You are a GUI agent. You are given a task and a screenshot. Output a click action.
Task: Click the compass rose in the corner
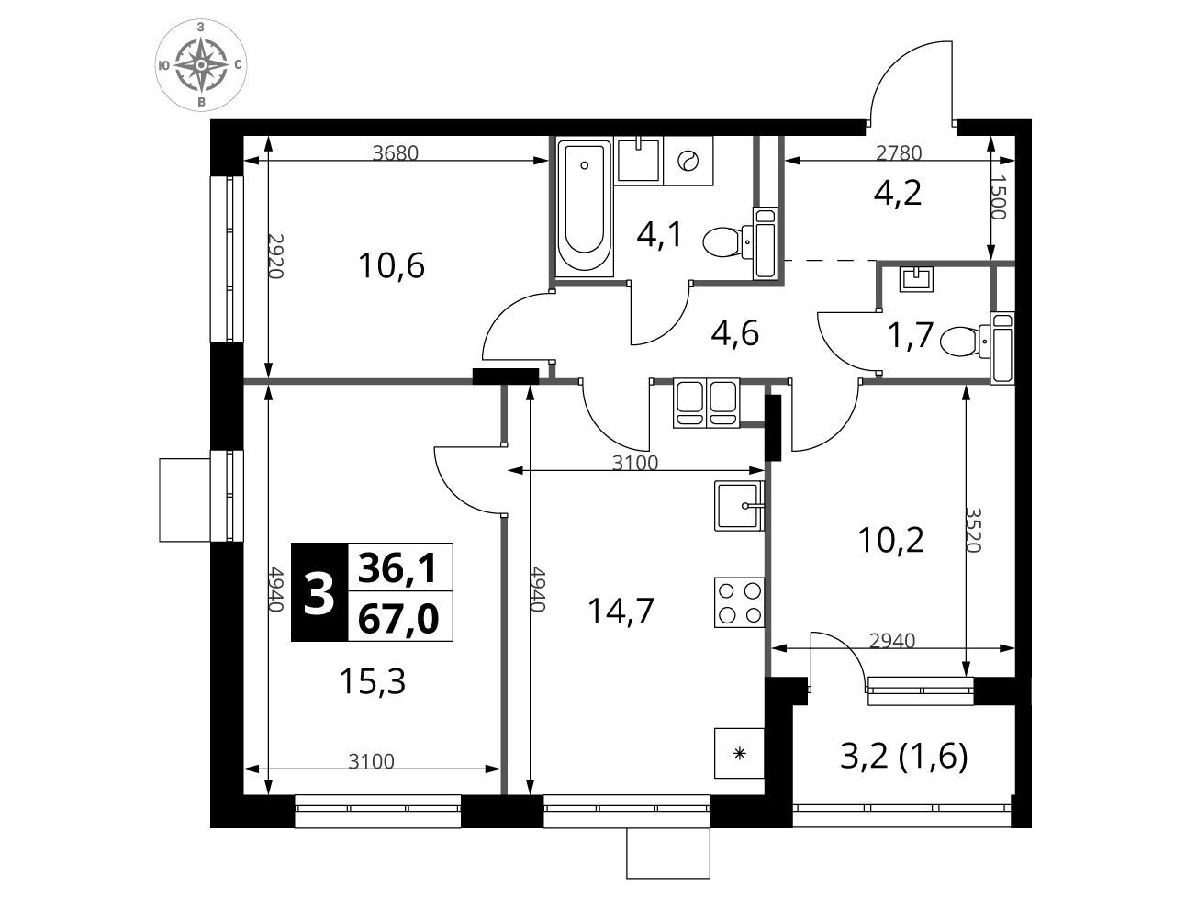pos(201,65)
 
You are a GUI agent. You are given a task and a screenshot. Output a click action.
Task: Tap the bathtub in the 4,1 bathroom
pos(584,207)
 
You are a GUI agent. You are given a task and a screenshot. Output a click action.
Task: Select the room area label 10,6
pos(391,266)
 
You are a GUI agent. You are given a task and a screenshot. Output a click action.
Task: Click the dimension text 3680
pos(396,153)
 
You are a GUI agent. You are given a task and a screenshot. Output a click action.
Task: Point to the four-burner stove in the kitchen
pos(739,602)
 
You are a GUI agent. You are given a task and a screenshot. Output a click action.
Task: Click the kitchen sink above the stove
pos(739,506)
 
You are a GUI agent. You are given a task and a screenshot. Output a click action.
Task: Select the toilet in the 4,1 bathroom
pos(741,243)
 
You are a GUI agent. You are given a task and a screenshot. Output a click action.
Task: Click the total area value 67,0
pos(398,619)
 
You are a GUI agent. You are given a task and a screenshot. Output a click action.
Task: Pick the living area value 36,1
pos(397,568)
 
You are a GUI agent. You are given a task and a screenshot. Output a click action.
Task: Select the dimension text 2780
pos(899,153)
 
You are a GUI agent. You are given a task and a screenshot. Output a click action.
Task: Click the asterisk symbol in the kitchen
pos(740,753)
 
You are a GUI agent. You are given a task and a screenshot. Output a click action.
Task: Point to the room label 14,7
pos(621,612)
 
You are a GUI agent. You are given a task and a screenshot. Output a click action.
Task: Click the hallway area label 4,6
pos(735,333)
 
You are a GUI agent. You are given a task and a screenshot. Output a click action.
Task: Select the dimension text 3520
pos(973,530)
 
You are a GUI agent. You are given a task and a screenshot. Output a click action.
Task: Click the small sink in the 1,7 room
pos(916,279)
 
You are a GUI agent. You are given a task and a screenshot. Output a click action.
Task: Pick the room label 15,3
pos(373,681)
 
